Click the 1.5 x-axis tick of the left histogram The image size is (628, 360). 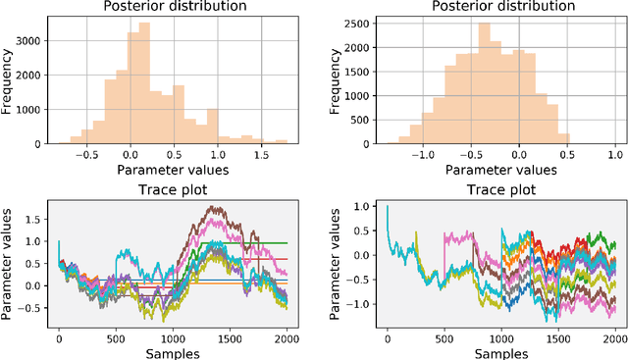(261, 154)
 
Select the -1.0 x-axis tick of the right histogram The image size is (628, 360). (421, 154)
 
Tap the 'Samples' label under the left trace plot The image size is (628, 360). (172, 352)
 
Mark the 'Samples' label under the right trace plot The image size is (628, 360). (500, 352)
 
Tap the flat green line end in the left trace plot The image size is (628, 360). (287, 242)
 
